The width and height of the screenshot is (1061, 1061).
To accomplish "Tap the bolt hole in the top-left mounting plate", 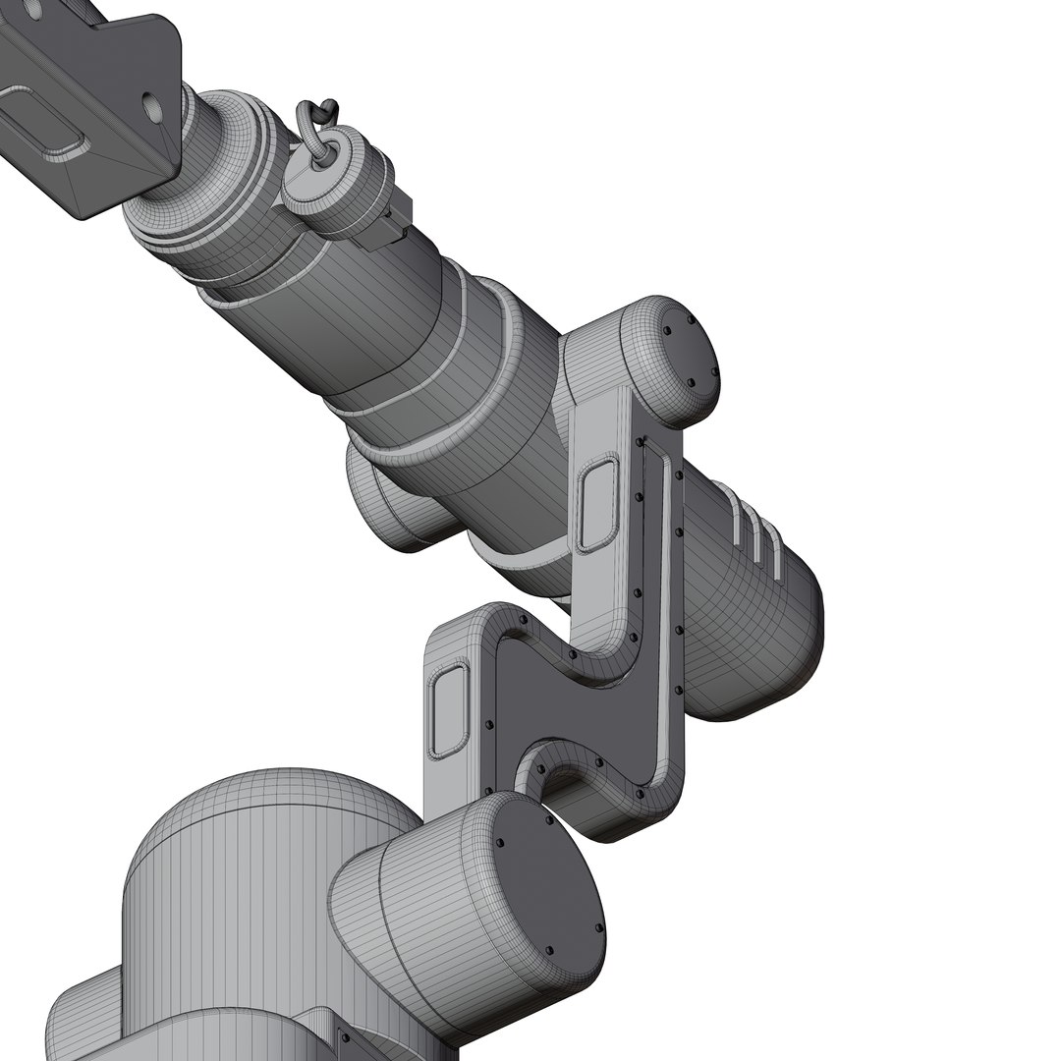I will pos(150,101).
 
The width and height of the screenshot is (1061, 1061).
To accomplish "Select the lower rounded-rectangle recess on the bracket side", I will pos(448,710).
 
